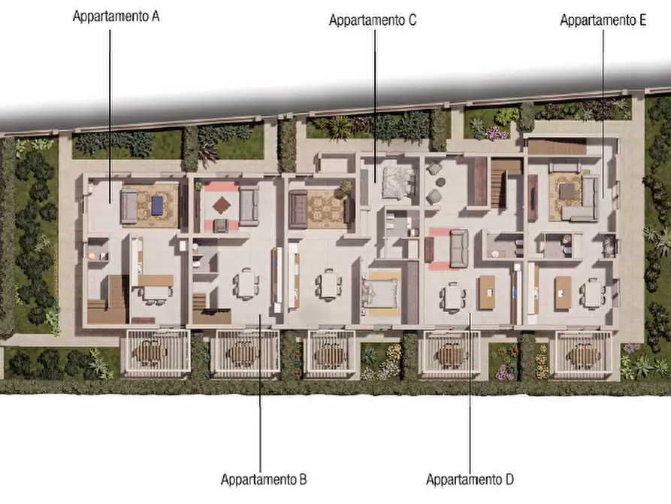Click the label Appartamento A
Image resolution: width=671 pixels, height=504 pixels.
coord(116,17)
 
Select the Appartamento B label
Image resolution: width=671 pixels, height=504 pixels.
coord(263,479)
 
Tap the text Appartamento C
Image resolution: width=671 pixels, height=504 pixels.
coord(373,20)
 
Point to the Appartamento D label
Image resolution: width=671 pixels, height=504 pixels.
coord(470,479)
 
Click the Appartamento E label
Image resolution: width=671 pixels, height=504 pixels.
coord(603,20)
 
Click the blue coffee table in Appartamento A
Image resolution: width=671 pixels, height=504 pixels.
coord(157,204)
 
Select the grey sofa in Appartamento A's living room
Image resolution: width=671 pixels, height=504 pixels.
coord(129,206)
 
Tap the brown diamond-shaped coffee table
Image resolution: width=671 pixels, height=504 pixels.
coord(222,204)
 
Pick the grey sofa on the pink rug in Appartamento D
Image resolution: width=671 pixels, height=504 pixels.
coord(458,247)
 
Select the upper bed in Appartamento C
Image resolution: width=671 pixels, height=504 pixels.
coord(397,182)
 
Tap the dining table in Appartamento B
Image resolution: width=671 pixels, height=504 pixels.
coord(246,285)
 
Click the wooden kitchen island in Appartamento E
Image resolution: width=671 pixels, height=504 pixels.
coord(563,293)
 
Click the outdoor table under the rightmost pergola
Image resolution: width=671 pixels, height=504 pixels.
coord(583,354)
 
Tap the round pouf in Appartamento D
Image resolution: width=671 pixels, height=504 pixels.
coord(435,196)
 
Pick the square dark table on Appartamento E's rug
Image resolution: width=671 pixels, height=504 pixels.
coord(567,192)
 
